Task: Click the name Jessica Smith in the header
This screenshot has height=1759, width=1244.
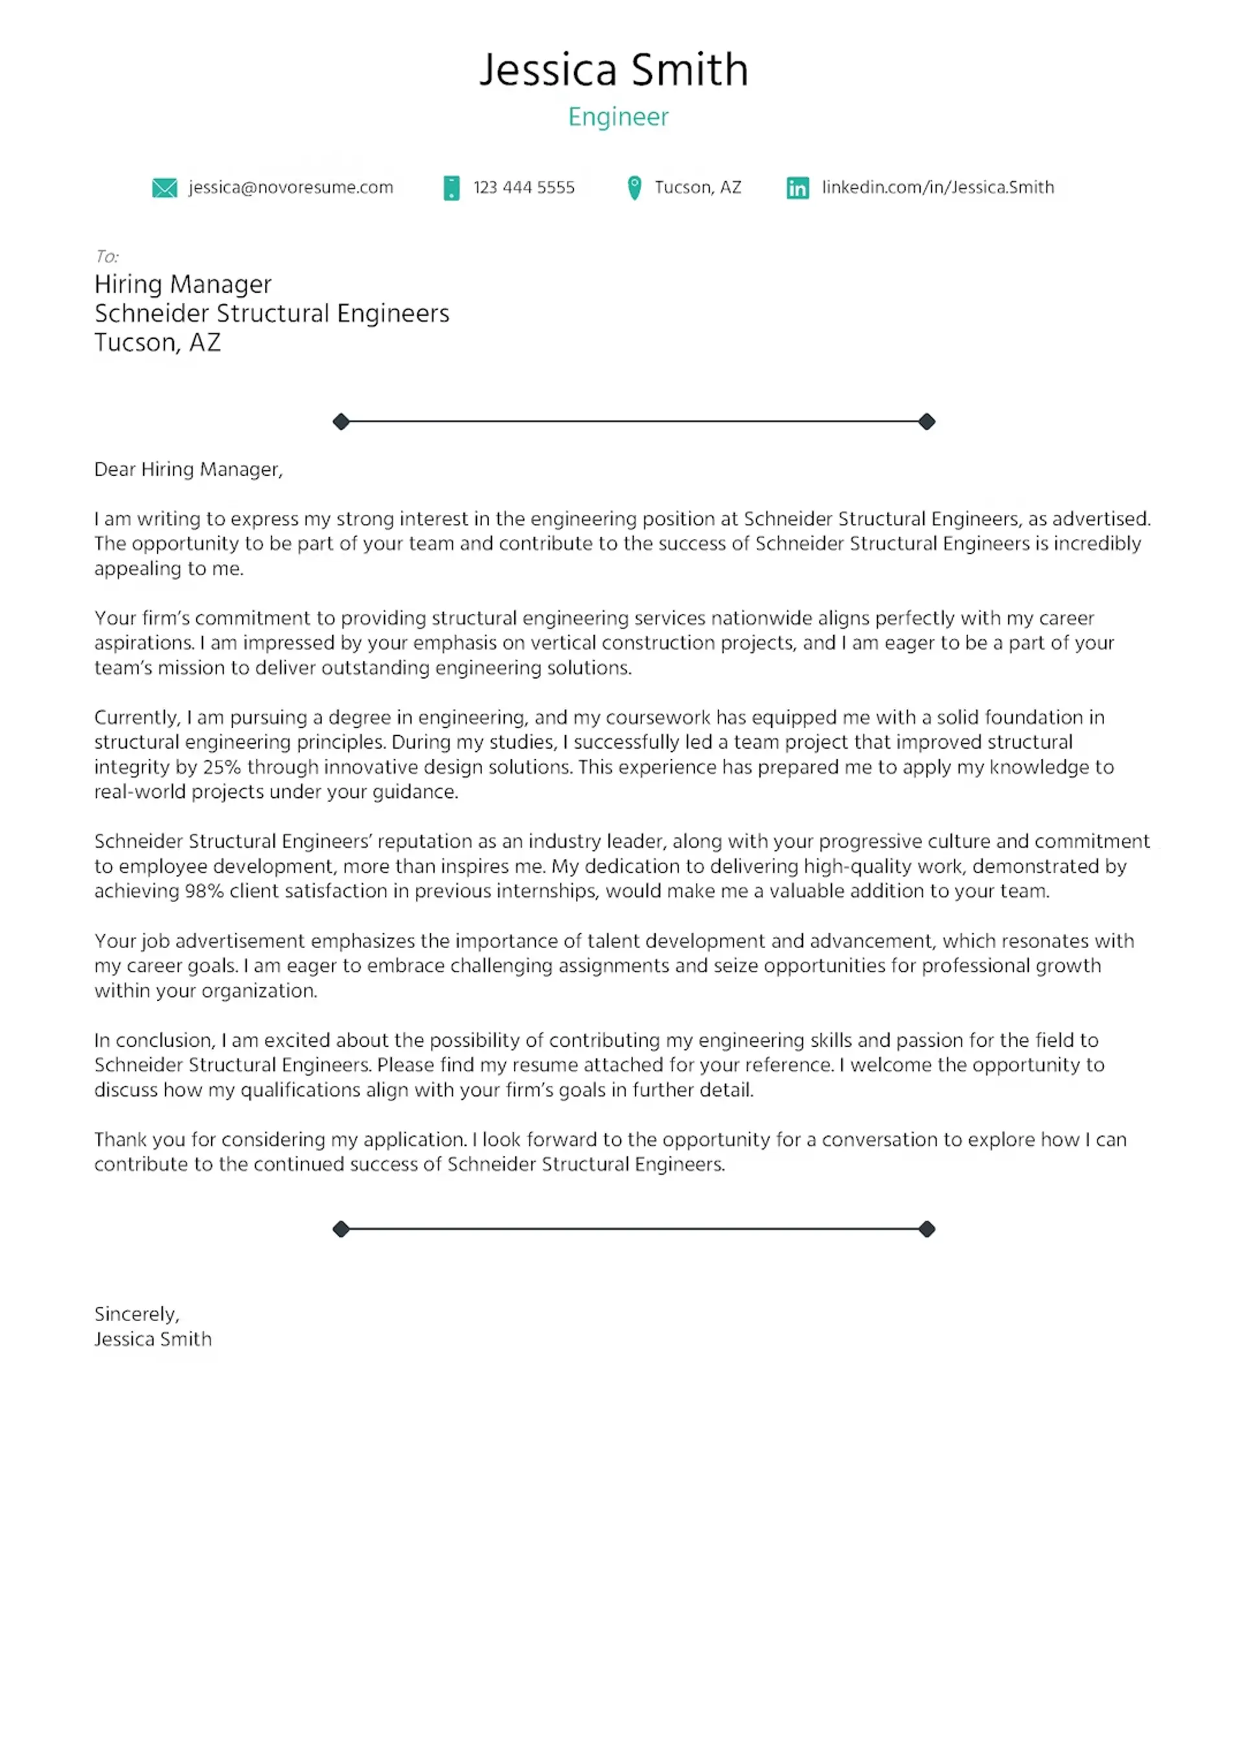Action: click(613, 70)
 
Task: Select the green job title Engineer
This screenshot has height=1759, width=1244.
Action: click(617, 117)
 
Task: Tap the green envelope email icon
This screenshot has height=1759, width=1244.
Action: click(164, 188)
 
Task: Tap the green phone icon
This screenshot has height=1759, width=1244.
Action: click(452, 188)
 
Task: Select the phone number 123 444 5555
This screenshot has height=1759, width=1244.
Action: click(524, 188)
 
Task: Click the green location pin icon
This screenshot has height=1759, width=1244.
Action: click(634, 188)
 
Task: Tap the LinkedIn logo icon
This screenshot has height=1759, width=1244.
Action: click(797, 188)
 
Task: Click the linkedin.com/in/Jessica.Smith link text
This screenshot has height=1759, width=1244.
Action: click(938, 188)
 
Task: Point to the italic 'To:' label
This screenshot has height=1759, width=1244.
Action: click(106, 256)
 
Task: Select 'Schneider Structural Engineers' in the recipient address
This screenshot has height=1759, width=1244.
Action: click(271, 313)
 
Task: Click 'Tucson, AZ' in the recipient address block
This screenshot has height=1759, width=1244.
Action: click(157, 343)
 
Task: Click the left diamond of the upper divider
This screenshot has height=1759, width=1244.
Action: click(341, 422)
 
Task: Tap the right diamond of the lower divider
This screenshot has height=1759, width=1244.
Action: click(927, 1230)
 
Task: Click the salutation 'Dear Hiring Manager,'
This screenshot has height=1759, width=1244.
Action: click(188, 470)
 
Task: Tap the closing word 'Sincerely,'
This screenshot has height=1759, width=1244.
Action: click(137, 1315)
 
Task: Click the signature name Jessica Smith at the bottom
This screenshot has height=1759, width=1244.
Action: click(152, 1340)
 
